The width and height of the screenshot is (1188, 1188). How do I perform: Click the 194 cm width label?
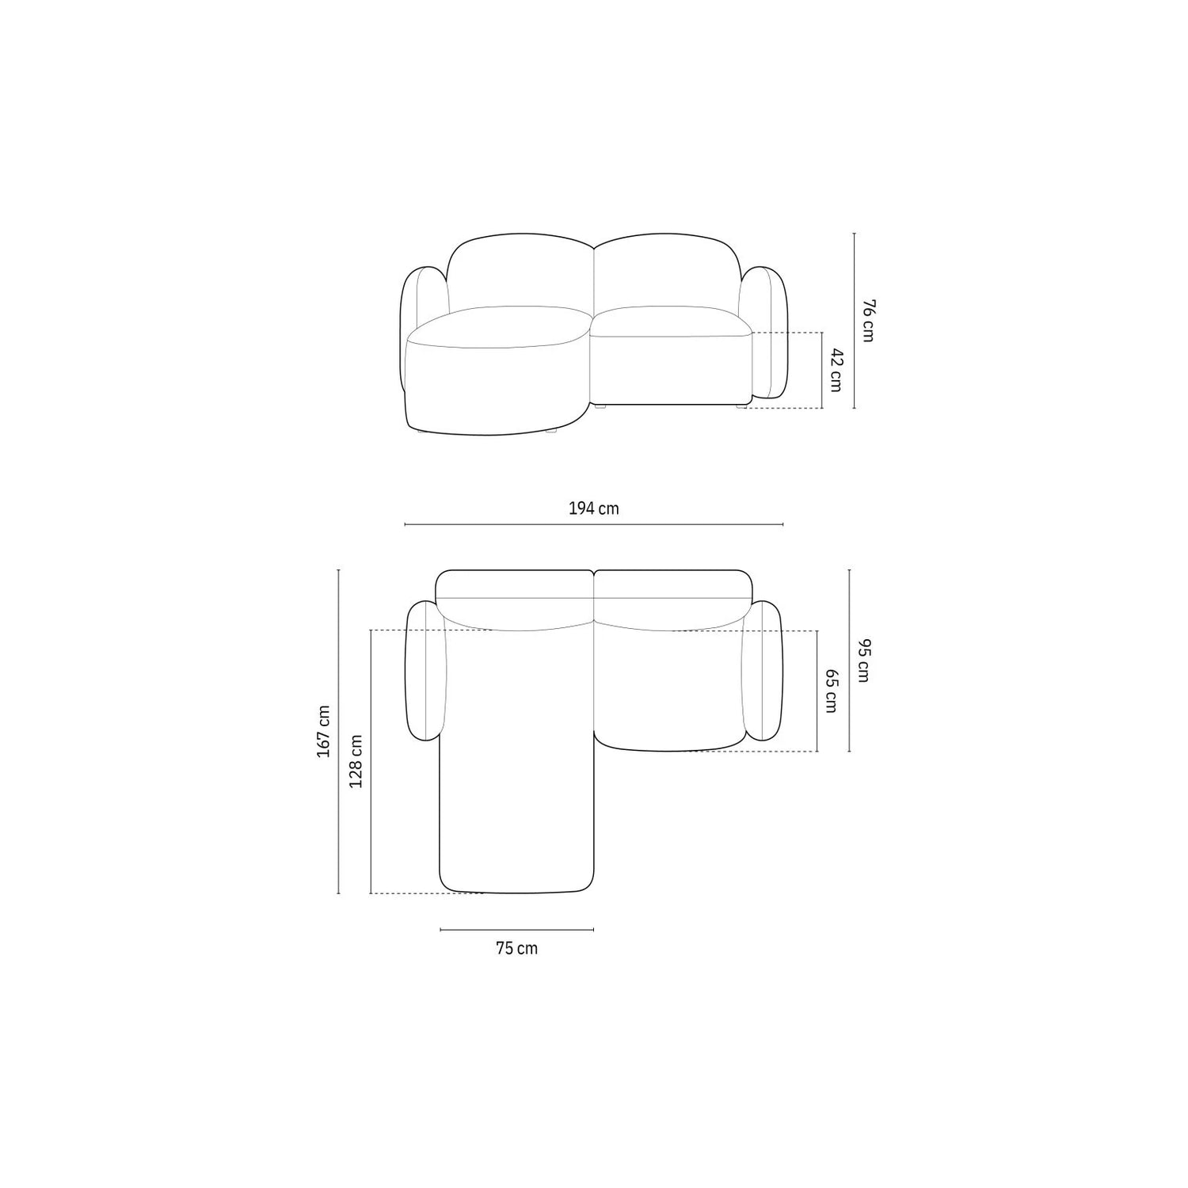593,508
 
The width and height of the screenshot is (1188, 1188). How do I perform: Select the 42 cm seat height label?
836,369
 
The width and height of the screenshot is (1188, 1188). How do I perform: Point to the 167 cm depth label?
323,731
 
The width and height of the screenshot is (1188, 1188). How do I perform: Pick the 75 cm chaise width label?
516,948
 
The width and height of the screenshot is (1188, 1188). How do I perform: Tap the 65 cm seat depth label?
831,691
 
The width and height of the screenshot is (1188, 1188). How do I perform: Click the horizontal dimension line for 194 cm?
593,524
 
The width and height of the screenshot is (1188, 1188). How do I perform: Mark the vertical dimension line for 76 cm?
854,321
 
